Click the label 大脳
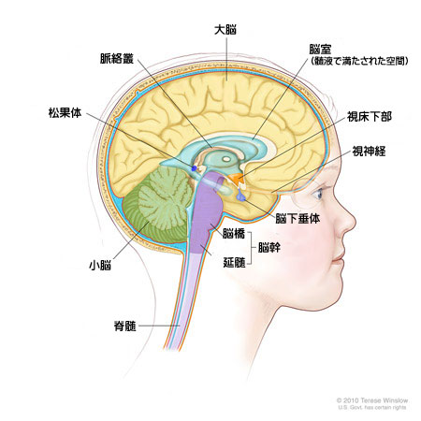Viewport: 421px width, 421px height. pyautogui.click(x=225, y=30)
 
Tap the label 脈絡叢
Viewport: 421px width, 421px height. pyautogui.click(x=117, y=59)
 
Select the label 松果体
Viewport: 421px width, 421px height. pyautogui.click(x=65, y=112)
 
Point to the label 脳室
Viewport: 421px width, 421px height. pyautogui.click(x=320, y=50)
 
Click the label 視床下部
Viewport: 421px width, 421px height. pyautogui.click(x=370, y=117)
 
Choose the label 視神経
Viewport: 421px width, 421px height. pyautogui.click(x=369, y=152)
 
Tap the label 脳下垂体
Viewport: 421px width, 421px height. pyautogui.click(x=298, y=219)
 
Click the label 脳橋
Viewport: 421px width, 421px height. pyautogui.click(x=234, y=234)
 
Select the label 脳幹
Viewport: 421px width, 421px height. pyautogui.click(x=269, y=248)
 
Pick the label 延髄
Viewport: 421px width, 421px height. pyautogui.click(x=234, y=262)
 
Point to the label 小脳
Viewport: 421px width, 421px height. pyautogui.click(x=100, y=266)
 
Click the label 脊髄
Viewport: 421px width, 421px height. pyautogui.click(x=124, y=327)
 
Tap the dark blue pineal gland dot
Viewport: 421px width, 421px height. pyautogui.click(x=194, y=168)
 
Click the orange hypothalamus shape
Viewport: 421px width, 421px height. pyautogui.click(x=236, y=179)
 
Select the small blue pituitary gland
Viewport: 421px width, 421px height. pyautogui.click(x=241, y=197)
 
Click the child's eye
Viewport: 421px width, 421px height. pyautogui.click(x=317, y=195)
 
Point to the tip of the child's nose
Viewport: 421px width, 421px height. pyautogui.click(x=355, y=222)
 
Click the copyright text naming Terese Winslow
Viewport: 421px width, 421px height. pyautogui.click(x=372, y=400)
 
